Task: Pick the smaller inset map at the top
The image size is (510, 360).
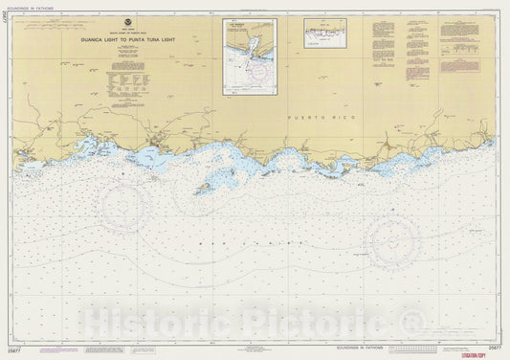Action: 325,34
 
